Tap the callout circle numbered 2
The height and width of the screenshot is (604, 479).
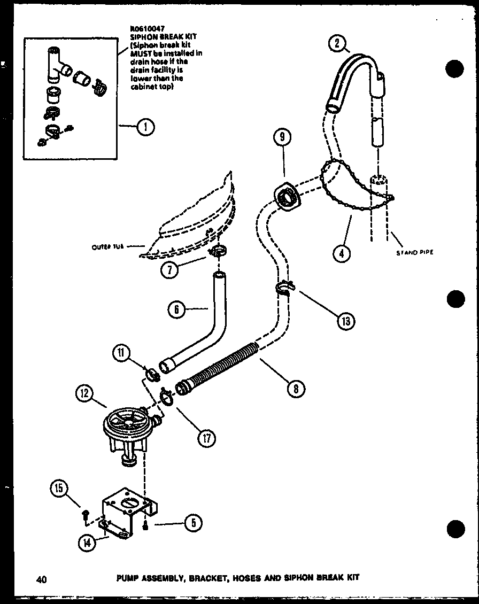click(337, 44)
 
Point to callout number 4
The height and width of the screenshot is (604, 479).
click(340, 252)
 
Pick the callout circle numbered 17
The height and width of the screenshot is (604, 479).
click(206, 438)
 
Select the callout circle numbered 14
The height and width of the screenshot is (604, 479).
click(87, 543)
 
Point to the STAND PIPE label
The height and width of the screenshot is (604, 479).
click(414, 252)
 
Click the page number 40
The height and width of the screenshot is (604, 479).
click(41, 578)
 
